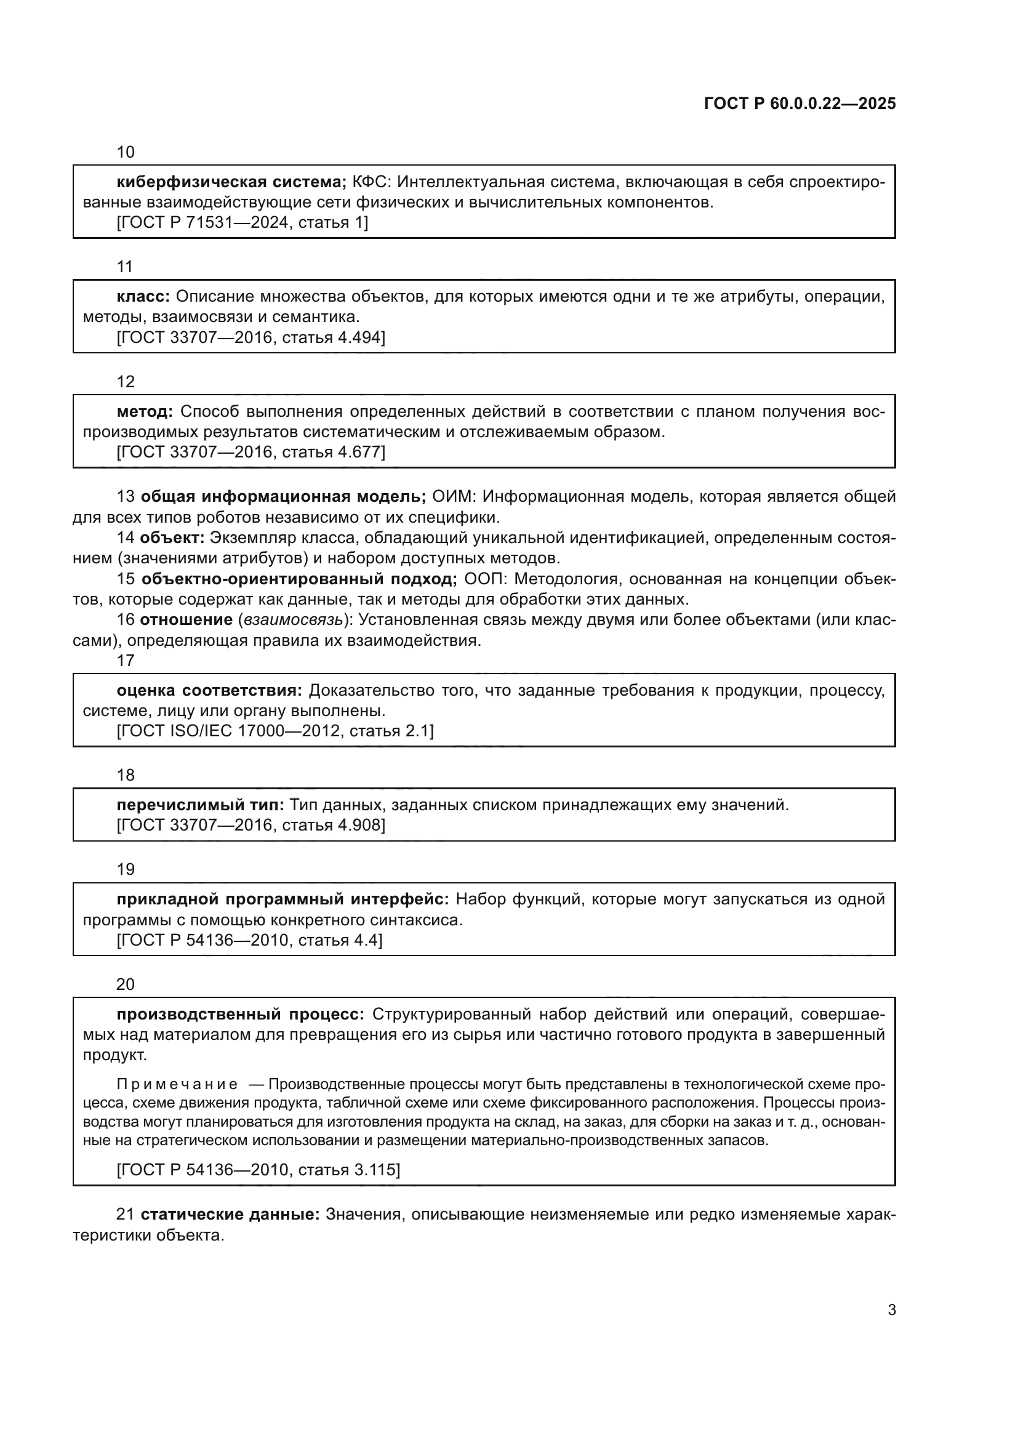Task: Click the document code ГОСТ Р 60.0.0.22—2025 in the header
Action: pos(800,104)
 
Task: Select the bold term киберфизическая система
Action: pos(231,182)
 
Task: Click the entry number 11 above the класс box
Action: pos(126,267)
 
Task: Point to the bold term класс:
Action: pos(143,297)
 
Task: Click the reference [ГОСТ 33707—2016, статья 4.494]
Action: pos(250,338)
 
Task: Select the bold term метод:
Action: pos(145,412)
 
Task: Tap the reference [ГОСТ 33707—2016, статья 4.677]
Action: pos(250,453)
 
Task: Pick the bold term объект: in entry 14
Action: pos(172,538)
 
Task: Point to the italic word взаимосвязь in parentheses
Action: pos(294,621)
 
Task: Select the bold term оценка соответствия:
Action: pos(209,691)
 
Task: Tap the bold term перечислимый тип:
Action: pos(201,805)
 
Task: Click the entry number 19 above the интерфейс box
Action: pos(126,869)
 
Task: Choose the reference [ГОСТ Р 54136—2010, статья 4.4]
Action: pos(249,940)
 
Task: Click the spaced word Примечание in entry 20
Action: pos(177,1084)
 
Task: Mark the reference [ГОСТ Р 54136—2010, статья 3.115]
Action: pos(259,1170)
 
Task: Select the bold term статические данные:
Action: pos(230,1215)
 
